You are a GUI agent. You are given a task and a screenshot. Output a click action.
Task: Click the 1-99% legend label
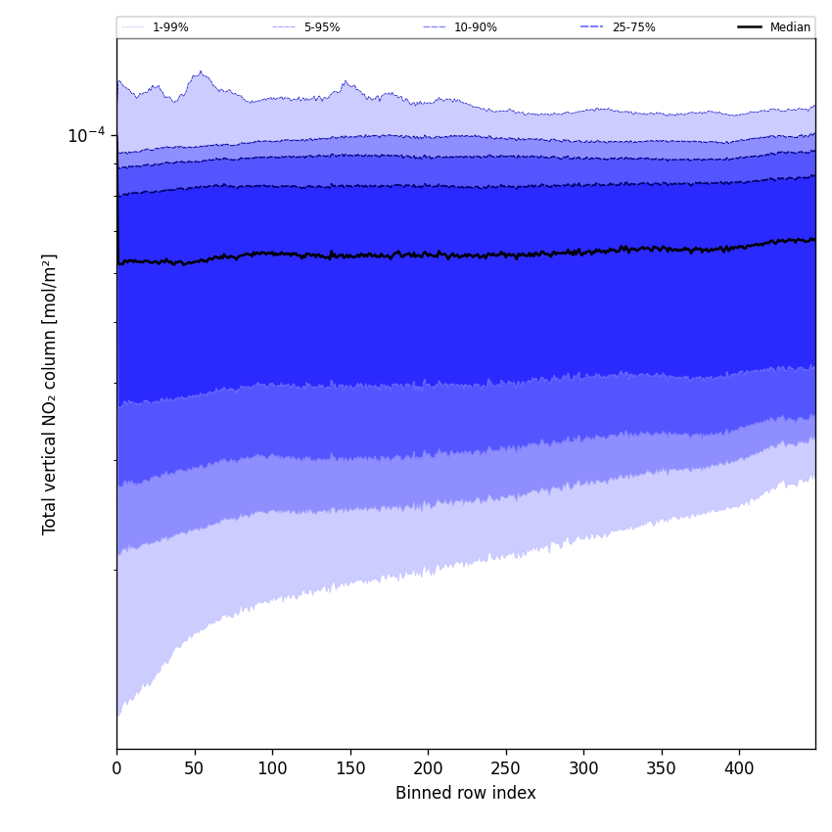coord(170,27)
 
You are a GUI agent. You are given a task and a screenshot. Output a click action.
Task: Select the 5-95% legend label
coord(322,27)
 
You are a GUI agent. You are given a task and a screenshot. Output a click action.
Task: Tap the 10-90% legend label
coord(475,27)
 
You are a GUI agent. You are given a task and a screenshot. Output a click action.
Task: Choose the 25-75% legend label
coord(633,27)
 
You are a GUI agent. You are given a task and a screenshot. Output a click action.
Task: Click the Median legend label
coord(790,27)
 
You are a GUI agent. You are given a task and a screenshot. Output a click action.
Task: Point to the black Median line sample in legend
coord(751,27)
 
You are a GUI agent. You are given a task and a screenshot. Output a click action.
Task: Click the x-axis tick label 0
coord(116,769)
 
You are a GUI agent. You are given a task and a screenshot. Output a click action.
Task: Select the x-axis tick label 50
coord(195,769)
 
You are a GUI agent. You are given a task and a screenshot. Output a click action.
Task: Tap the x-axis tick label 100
coord(272,769)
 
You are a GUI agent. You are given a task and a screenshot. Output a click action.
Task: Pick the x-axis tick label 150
coord(350,769)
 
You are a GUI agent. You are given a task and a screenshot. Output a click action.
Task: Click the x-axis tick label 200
coord(428,769)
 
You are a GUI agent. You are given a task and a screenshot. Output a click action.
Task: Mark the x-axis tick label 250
coord(506,769)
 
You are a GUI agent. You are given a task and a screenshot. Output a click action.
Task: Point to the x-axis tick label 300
coord(583,769)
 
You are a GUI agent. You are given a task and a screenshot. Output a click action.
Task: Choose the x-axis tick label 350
coord(662,769)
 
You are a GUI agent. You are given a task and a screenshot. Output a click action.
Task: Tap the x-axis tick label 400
coord(739,769)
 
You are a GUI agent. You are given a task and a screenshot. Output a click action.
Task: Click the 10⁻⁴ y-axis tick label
coord(86,135)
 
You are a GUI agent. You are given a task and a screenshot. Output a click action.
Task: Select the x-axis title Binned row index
coord(466,794)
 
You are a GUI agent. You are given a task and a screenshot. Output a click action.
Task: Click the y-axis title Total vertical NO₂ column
coord(50,393)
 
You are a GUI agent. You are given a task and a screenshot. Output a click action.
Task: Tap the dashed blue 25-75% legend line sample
coord(592,27)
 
